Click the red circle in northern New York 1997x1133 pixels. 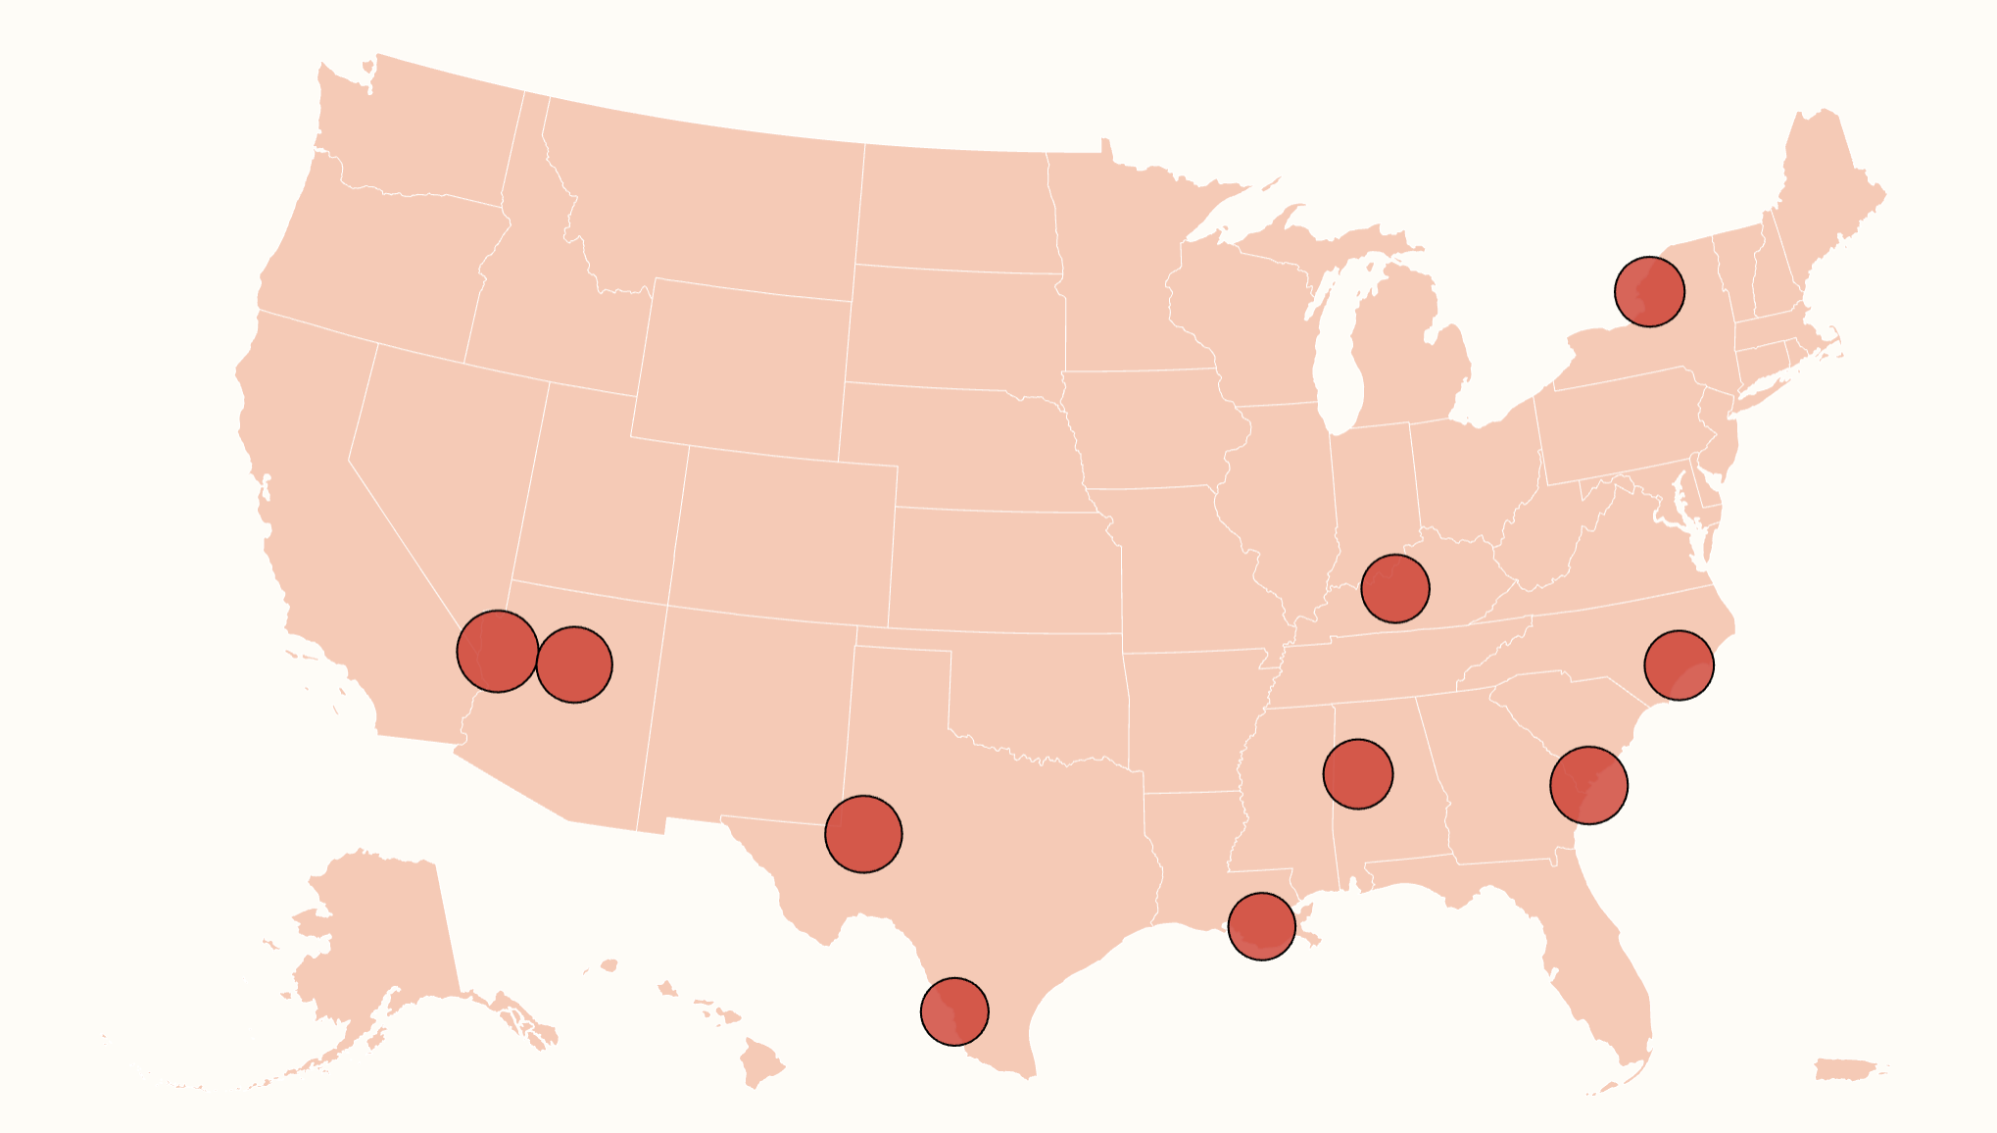coord(1649,291)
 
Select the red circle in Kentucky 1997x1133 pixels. coord(1395,588)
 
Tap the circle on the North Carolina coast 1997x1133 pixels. coord(1679,665)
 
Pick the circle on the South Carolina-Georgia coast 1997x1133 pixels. coord(1588,785)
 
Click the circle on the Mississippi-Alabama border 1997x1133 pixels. coord(1357,774)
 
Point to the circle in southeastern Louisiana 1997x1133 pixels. coord(1261,926)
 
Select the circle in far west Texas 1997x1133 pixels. coord(863,834)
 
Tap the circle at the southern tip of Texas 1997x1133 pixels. coord(954,1011)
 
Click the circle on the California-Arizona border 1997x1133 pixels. coord(498,651)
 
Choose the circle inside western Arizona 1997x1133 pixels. coord(574,665)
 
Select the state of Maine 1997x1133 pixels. coord(1823,186)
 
